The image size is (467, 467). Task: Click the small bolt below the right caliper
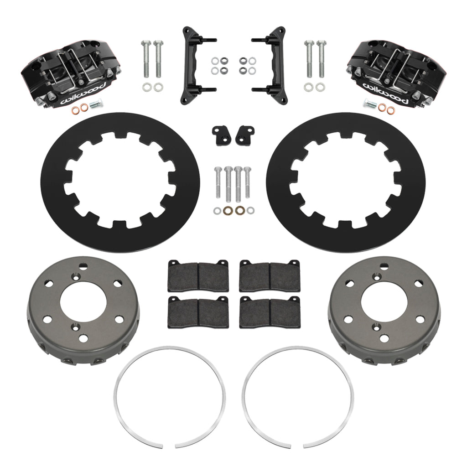point(370,104)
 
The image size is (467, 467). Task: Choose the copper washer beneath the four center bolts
point(238,211)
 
